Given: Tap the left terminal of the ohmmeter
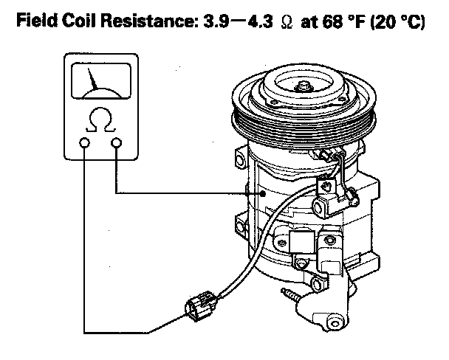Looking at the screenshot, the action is tap(86, 142).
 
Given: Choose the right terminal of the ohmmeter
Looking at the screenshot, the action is tap(117, 142).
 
